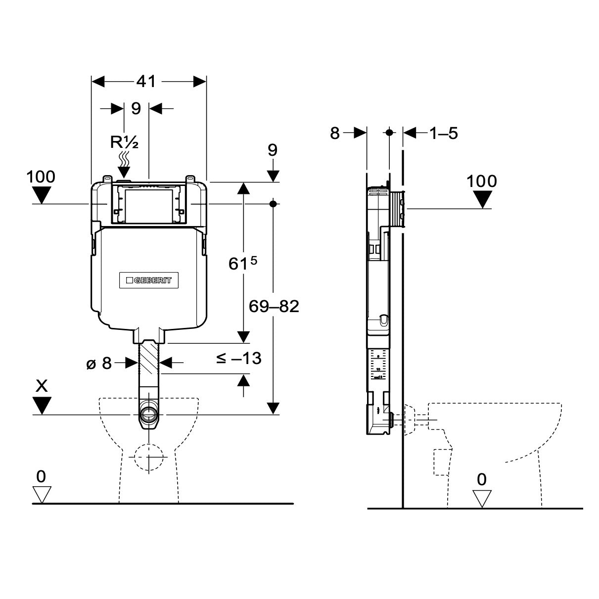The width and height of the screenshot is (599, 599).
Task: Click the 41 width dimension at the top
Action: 146,82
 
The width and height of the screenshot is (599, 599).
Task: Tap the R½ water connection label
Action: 124,143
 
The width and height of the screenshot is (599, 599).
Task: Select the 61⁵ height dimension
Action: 243,264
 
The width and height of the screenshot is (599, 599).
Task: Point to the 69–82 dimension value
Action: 274,307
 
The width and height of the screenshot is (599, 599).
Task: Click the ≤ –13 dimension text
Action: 238,358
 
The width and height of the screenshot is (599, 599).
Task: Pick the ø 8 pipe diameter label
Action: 99,364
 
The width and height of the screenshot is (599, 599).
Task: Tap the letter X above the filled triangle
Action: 42,386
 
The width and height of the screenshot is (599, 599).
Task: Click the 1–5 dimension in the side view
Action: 444,133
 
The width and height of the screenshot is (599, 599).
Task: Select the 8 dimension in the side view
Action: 335,133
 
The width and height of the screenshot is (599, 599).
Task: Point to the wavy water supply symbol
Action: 124,160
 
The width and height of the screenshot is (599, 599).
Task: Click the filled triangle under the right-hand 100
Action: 482,199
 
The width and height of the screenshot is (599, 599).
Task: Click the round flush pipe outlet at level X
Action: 148,415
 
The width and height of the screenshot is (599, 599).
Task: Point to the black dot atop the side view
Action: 389,133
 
